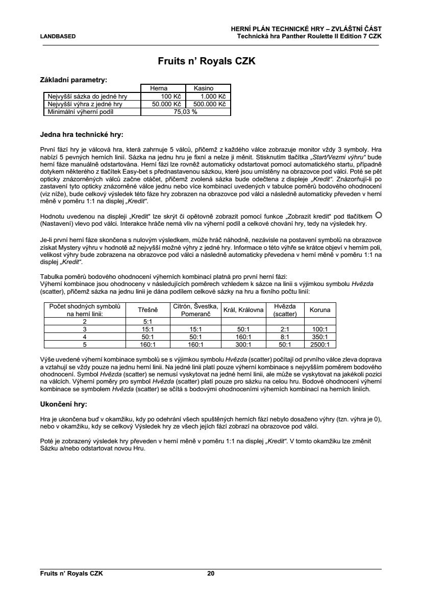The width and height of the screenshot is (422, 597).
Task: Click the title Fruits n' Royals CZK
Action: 211,61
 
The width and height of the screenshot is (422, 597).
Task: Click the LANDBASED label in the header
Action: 58,36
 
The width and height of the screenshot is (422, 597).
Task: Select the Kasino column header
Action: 208,88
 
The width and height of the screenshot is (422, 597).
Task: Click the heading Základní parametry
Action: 73,80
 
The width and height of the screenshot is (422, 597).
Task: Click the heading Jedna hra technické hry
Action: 82,135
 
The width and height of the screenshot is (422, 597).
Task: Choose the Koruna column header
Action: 320,310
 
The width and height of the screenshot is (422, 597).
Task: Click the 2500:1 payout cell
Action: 320,345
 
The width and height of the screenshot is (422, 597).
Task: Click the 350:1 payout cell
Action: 320,337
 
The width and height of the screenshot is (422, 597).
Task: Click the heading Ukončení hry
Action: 63,404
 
